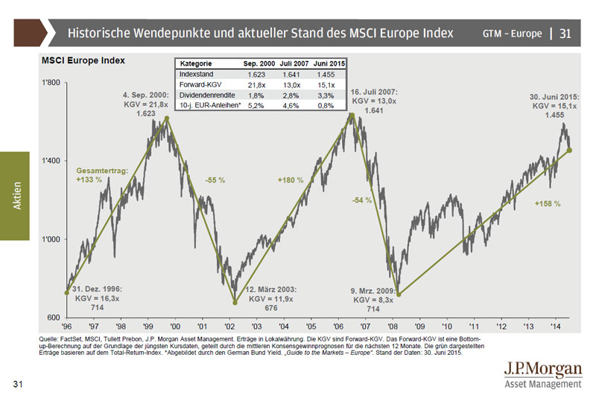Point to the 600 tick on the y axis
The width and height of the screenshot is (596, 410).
(x=54, y=318)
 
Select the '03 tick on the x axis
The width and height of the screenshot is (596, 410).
(x=256, y=327)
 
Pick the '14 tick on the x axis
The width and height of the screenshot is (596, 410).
(x=556, y=327)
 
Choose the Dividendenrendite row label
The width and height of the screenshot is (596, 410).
(x=207, y=95)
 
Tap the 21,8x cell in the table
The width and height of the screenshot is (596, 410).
(x=254, y=85)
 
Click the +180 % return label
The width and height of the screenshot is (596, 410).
(x=291, y=180)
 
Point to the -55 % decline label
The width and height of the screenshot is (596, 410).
(x=216, y=180)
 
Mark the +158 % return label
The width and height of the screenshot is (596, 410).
(x=547, y=203)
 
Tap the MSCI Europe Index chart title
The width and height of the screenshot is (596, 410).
(x=82, y=60)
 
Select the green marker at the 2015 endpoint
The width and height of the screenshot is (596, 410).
(x=570, y=150)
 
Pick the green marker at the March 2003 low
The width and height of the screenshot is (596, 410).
(x=235, y=303)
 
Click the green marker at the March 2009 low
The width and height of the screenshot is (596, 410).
(x=399, y=294)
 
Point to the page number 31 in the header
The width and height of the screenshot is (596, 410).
(x=565, y=34)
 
